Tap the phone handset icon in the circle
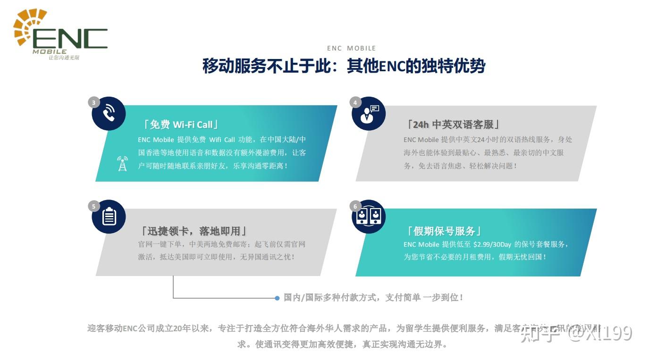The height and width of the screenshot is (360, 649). (109, 114)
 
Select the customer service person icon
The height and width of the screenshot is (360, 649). (368, 114)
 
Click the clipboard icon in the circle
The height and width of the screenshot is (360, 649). (109, 217)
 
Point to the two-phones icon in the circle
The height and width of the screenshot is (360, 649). (368, 217)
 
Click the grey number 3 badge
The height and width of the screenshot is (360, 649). (93, 102)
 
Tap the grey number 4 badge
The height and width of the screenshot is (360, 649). (354, 102)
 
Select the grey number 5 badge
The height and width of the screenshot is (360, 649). (93, 206)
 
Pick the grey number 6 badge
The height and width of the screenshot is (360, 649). (354, 206)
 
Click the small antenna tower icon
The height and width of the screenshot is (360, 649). (122, 163)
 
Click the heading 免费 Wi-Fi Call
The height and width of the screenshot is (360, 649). (181, 125)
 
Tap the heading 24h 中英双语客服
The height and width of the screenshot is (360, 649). (453, 125)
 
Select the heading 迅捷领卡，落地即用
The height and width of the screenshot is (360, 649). (194, 231)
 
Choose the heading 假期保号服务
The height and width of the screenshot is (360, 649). (444, 231)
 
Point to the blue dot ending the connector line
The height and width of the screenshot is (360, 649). (277, 298)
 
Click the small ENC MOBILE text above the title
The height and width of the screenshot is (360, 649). (351, 48)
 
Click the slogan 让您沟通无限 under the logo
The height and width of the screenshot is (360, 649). (64, 58)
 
